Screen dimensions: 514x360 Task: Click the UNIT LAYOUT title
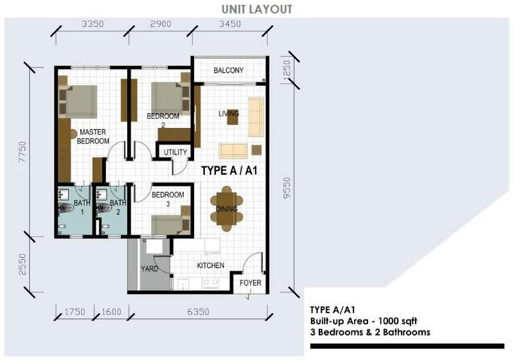tap(256, 9)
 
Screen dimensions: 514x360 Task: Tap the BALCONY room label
tap(229, 70)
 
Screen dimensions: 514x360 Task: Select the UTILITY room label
tap(175, 152)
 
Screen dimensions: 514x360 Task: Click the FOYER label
tap(251, 283)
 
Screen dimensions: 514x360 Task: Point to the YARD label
tap(150, 269)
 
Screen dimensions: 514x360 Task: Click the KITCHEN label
tap(211, 265)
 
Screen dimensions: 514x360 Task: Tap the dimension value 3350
tap(93, 24)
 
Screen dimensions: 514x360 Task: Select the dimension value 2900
tap(161, 24)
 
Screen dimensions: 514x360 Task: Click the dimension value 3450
tap(230, 24)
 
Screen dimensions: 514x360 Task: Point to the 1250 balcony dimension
tap(287, 69)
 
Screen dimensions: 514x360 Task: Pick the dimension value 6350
tap(199, 311)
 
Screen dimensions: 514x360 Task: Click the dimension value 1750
tap(75, 311)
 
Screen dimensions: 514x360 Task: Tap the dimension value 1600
tap(111, 311)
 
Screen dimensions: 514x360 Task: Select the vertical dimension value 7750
tap(22, 152)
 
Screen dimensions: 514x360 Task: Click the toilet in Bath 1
tap(66, 208)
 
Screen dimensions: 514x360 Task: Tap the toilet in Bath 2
tap(103, 208)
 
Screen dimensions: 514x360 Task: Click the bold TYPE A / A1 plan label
tap(229, 170)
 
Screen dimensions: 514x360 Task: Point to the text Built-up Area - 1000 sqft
tap(364, 321)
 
